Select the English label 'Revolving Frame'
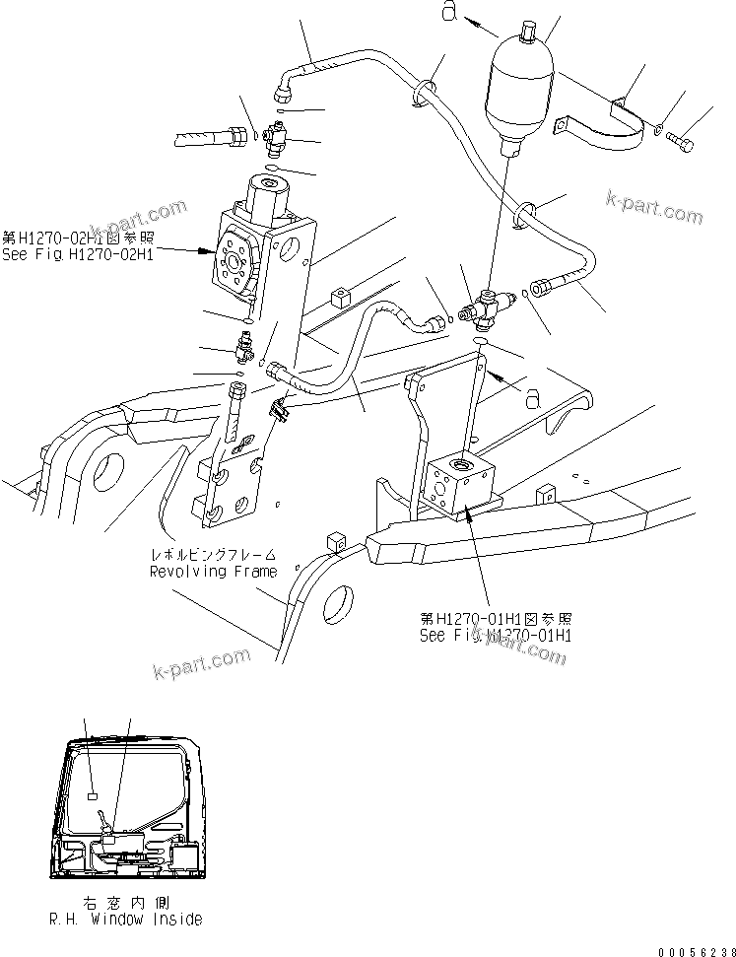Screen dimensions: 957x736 tap(213, 571)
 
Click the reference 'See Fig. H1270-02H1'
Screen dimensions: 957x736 tap(74, 252)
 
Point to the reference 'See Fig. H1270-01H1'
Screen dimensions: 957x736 tap(496, 635)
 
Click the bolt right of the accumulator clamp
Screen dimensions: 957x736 tap(679, 142)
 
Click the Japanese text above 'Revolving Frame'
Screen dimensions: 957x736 tap(213, 555)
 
